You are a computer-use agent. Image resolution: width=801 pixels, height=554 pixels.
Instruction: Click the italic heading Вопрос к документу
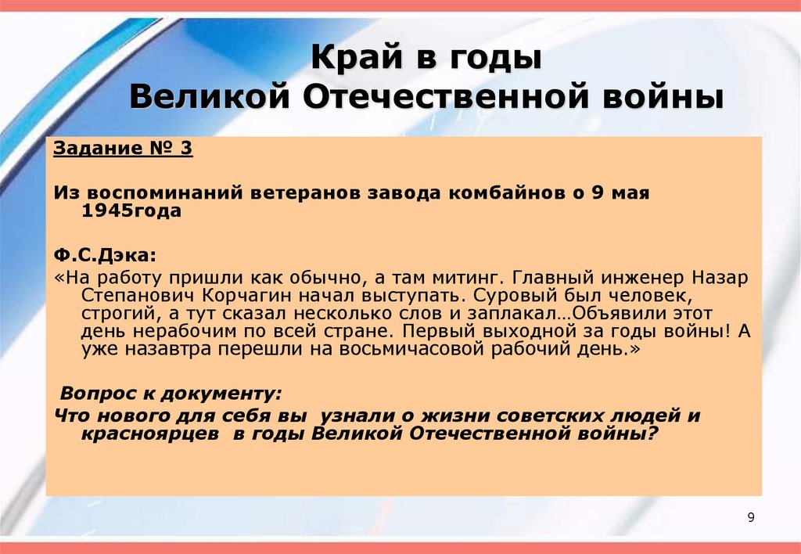coord(171,392)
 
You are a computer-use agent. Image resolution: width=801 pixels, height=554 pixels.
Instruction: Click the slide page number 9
coord(751,518)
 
